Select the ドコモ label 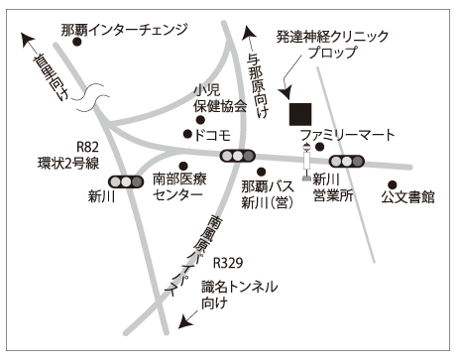tap(213, 134)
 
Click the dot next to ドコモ tap(186, 134)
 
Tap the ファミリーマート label tap(347, 135)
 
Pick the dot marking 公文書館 tap(393, 183)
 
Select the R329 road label tap(228, 264)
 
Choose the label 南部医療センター tap(183, 188)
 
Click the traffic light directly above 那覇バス tap(238, 155)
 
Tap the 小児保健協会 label tap(220, 96)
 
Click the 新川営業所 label tap(332, 188)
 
